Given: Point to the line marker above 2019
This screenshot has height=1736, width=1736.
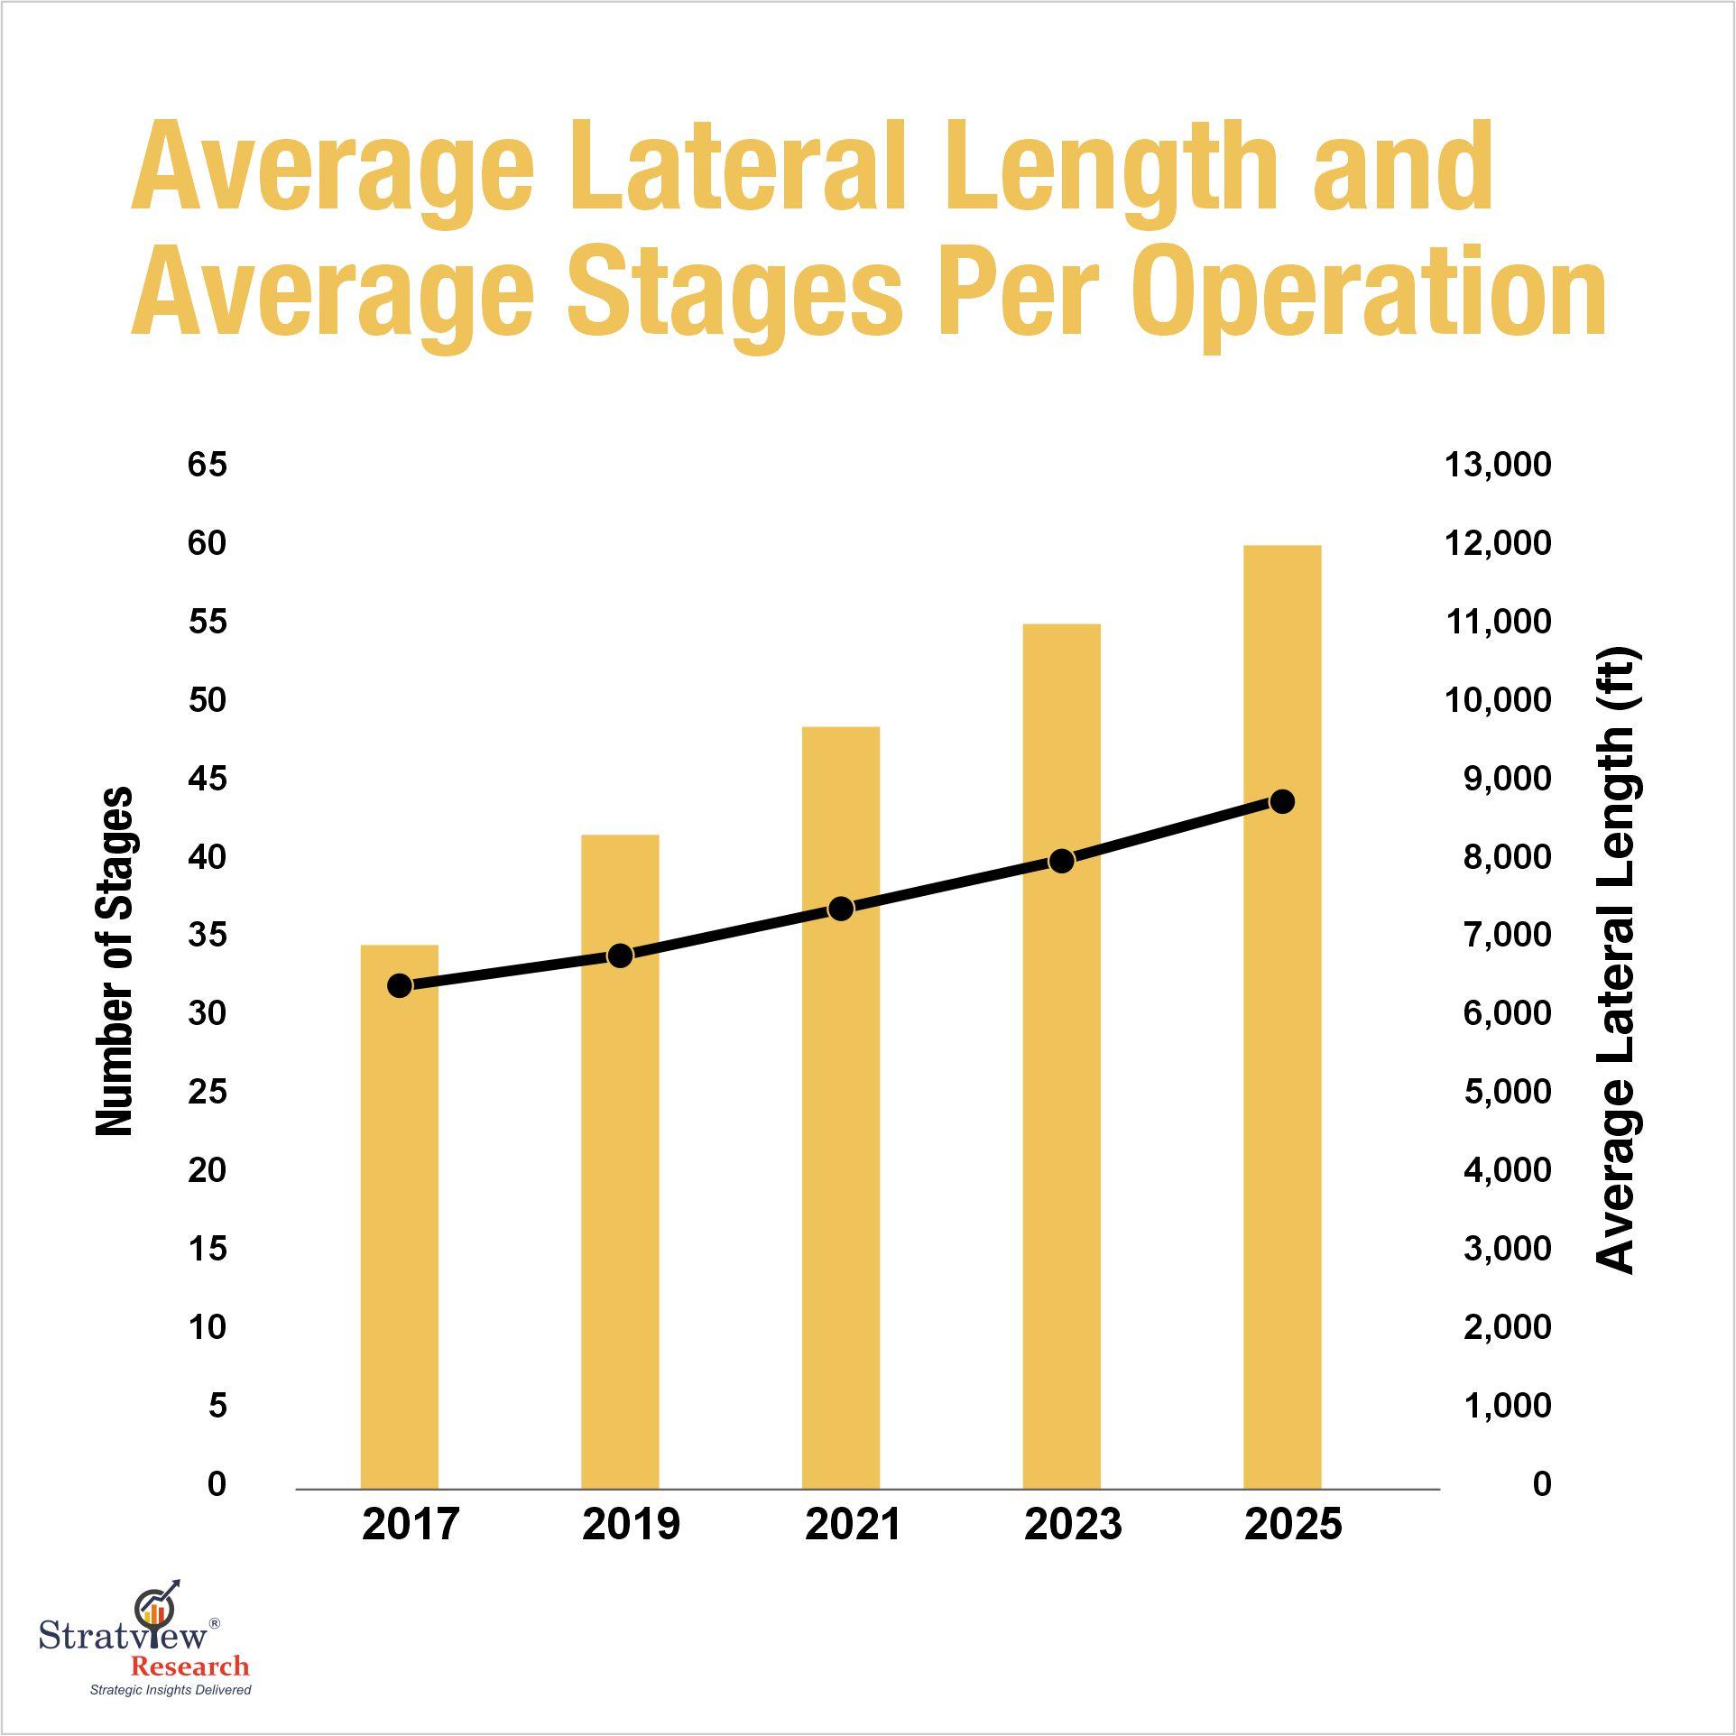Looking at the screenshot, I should point(620,956).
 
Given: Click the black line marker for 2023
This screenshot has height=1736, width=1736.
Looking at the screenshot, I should point(1062,861).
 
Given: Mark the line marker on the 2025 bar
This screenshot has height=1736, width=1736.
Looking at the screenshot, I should point(1282,801).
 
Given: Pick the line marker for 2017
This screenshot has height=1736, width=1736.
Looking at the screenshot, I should point(400,985).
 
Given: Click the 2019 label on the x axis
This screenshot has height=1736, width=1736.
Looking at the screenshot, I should point(631,1524).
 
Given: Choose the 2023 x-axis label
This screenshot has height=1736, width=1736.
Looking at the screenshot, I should point(1073,1524).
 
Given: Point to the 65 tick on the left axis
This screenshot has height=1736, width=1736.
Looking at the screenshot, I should point(208,465).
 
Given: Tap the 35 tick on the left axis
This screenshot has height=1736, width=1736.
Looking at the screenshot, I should point(208,935).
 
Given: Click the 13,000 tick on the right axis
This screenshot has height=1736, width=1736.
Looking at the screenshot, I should point(1498,465).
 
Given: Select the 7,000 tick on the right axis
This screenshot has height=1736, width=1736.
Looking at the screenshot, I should point(1507,935).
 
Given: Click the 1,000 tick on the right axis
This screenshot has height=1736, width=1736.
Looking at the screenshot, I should point(1507,1405).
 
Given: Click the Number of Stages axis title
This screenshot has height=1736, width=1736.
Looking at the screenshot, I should point(115,960).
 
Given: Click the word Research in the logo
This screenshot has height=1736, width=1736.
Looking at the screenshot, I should point(189,1666).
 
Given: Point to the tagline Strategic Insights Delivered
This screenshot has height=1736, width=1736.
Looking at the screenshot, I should point(170,1689).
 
